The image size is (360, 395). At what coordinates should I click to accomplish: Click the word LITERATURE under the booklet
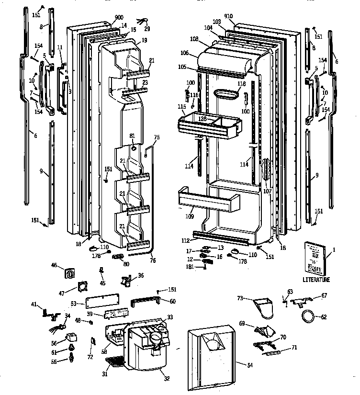click(x=316, y=280)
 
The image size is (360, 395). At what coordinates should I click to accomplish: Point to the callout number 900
click(x=112, y=17)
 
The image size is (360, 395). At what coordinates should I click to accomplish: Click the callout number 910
click(x=228, y=16)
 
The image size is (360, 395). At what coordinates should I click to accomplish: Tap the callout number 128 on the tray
click(x=203, y=118)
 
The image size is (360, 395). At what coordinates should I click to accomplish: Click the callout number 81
click(x=132, y=136)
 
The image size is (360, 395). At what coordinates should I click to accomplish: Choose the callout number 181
click(x=191, y=267)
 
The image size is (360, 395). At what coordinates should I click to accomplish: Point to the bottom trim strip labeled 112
click(x=220, y=236)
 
